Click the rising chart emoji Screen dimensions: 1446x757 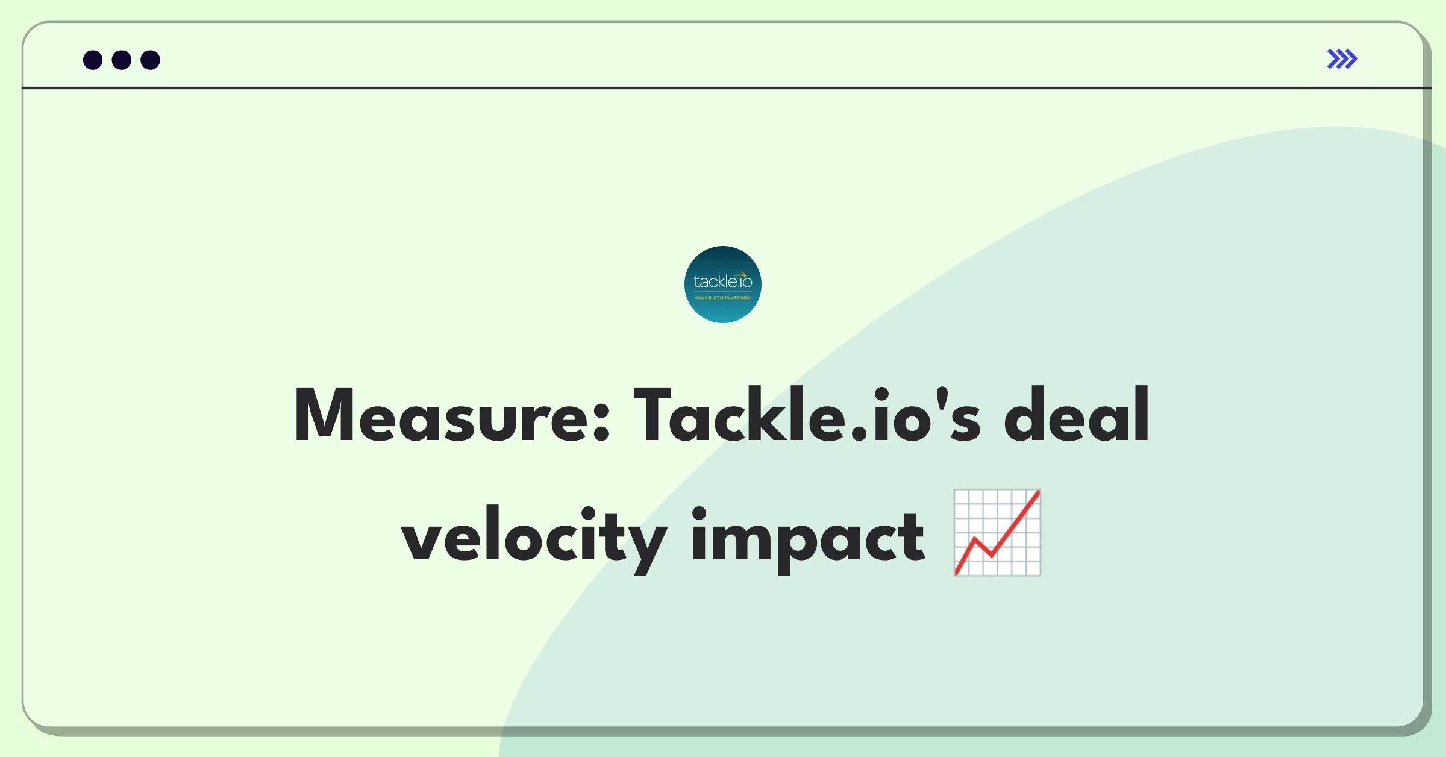click(x=997, y=533)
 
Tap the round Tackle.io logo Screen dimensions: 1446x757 click(x=723, y=284)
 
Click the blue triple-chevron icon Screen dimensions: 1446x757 click(x=1342, y=59)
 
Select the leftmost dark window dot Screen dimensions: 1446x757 click(x=93, y=60)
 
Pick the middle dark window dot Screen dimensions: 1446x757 click(x=122, y=60)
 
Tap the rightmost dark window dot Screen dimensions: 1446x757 click(x=151, y=60)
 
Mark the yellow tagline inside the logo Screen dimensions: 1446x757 click(x=723, y=298)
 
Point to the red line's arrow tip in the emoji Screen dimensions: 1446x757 click(x=1039, y=492)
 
